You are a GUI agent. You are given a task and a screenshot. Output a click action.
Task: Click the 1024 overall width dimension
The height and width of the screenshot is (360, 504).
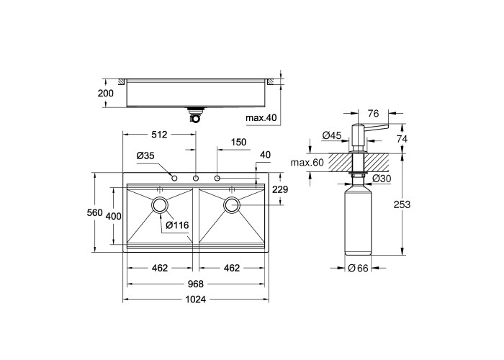coord(195,300)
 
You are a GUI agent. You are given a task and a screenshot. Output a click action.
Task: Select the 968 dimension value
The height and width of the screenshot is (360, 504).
coord(195,284)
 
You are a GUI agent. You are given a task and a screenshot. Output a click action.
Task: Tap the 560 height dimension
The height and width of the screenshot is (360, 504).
coord(95,212)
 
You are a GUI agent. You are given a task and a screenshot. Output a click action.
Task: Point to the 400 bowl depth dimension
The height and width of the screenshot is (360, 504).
coord(114,216)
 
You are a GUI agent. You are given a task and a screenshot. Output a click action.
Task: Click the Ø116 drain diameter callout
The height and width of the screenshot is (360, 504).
coord(177,225)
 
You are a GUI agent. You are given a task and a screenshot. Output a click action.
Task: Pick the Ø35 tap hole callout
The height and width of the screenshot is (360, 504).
coord(145,156)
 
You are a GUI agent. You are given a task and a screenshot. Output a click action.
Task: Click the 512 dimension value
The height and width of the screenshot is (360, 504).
coord(159,135)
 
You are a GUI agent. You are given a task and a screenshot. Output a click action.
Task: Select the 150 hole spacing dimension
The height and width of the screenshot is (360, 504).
coord(238,142)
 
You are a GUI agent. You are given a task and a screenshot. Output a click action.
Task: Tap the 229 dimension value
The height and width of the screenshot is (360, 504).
coord(280,189)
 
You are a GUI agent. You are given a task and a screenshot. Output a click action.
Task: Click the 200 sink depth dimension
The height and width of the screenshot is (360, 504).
coord(105,93)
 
